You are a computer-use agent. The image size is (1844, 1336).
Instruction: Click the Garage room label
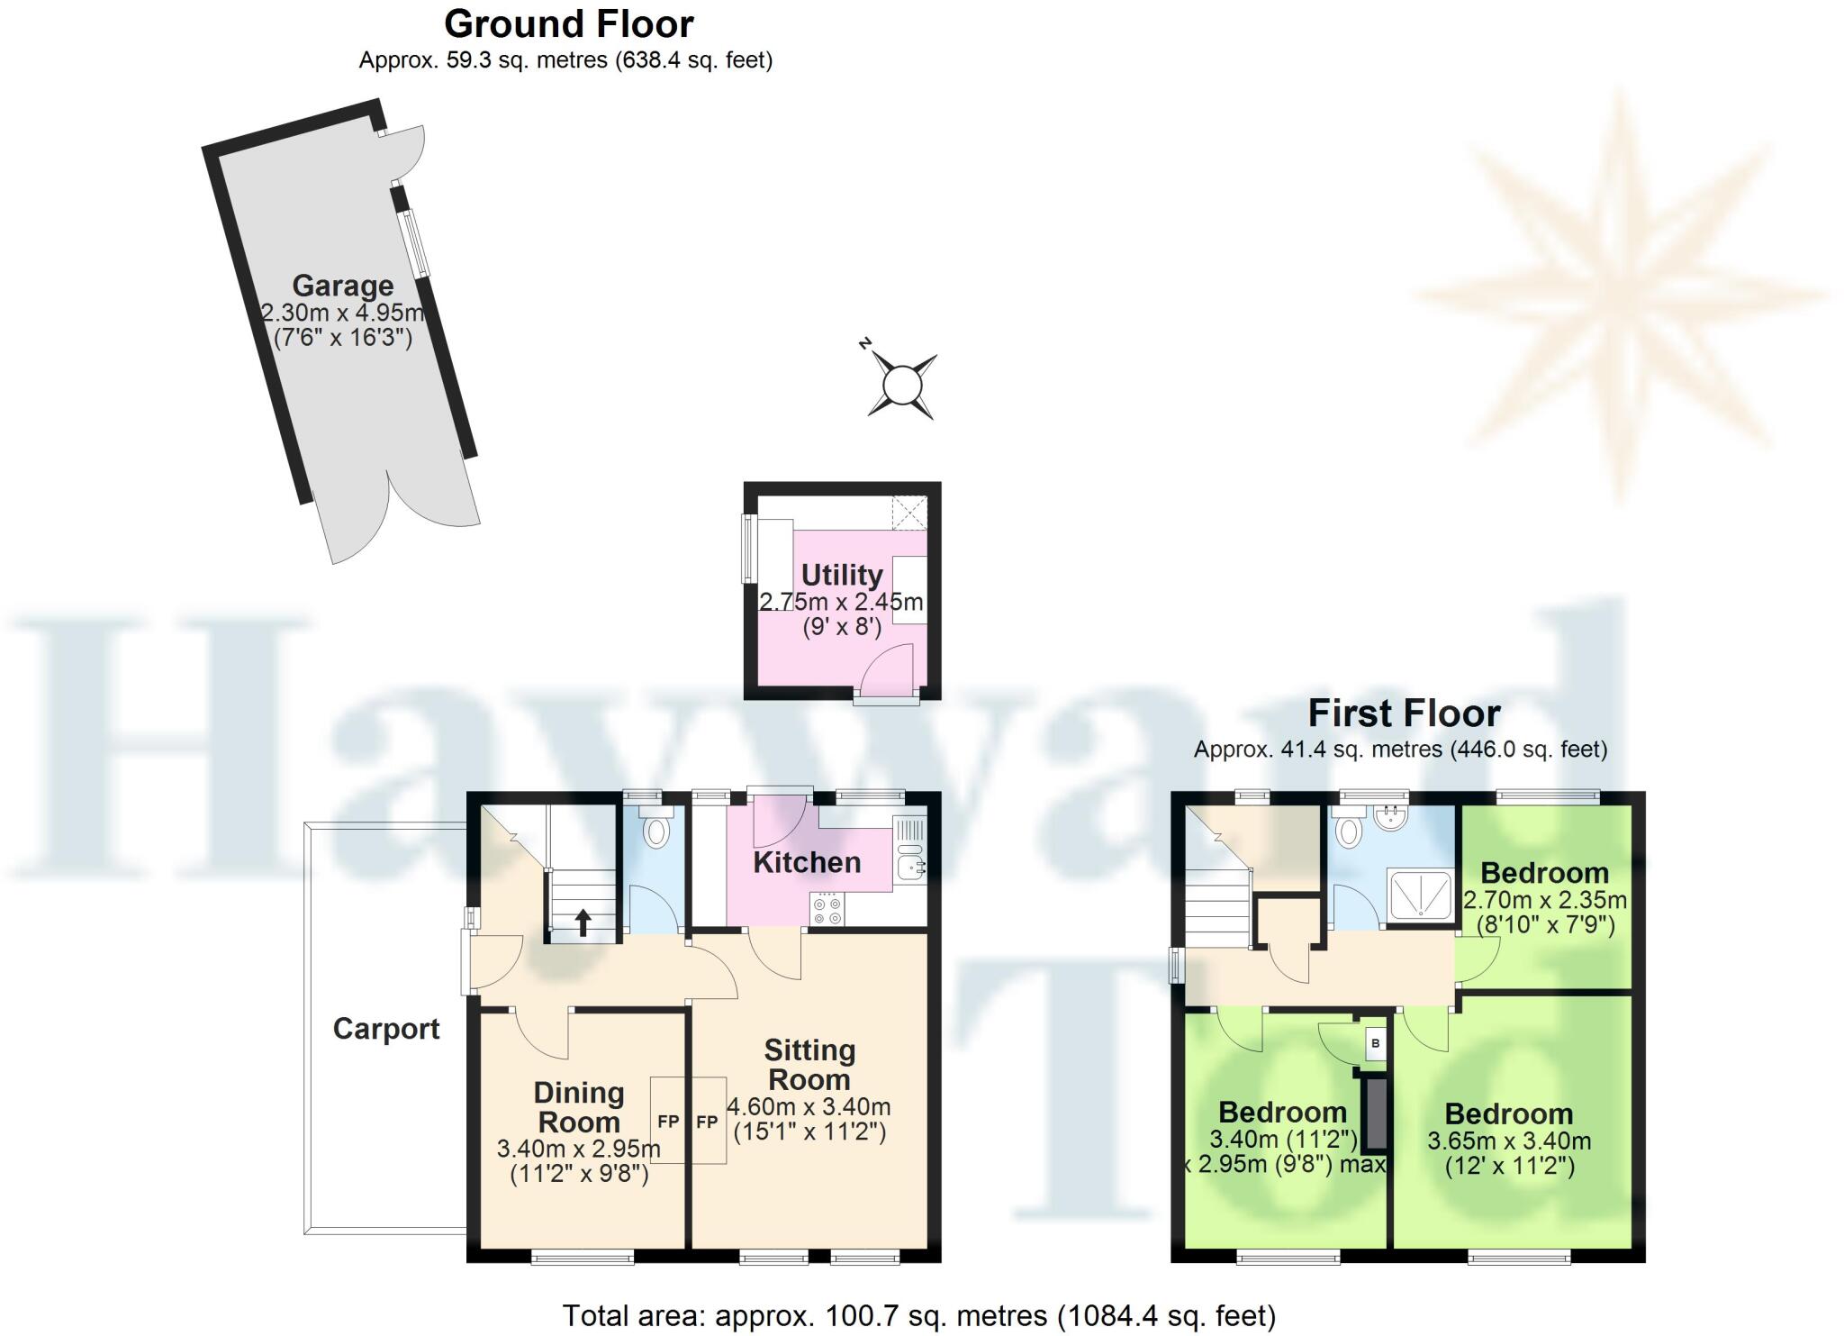tap(342, 286)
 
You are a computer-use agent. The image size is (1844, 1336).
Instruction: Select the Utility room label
tap(842, 575)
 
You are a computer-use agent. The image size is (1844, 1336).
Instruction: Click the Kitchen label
tap(807, 862)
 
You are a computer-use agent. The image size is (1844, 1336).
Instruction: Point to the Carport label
tap(386, 1029)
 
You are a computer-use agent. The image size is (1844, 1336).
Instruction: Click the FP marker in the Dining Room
tap(668, 1122)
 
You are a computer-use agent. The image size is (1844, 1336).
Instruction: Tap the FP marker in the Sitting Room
tap(708, 1122)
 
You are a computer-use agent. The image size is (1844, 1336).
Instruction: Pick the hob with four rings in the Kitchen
tap(827, 908)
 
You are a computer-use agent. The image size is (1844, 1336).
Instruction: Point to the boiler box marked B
tap(1375, 1043)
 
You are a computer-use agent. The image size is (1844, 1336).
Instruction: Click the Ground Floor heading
tap(569, 24)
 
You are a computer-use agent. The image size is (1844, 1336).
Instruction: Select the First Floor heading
tap(1404, 713)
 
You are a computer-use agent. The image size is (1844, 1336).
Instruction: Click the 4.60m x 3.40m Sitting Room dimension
tap(809, 1106)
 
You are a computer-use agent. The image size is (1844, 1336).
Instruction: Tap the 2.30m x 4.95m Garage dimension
tap(342, 314)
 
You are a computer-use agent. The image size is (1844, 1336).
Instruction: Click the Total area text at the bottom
tap(919, 1316)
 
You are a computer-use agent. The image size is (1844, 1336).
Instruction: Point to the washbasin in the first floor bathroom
tap(1394, 818)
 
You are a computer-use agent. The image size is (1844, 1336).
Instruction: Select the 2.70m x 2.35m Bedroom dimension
tap(1545, 899)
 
